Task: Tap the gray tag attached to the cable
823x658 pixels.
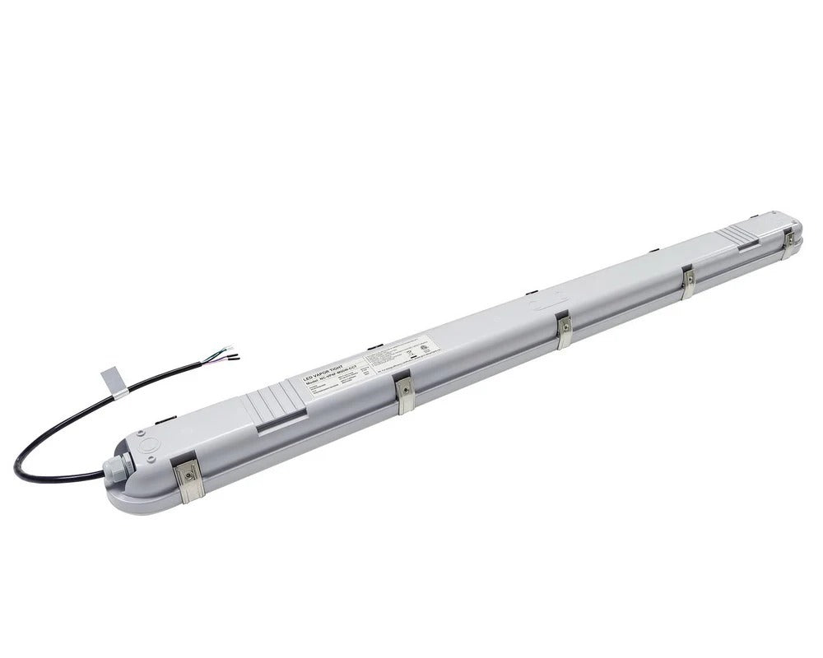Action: pos(114,382)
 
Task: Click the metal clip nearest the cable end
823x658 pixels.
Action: pos(188,480)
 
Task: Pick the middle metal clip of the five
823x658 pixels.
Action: pos(564,330)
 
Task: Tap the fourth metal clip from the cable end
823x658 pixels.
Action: pos(688,281)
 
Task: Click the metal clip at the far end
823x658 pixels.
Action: pos(788,242)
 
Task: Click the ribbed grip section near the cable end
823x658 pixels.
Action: pos(274,403)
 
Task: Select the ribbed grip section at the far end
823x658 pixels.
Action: pos(737,237)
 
